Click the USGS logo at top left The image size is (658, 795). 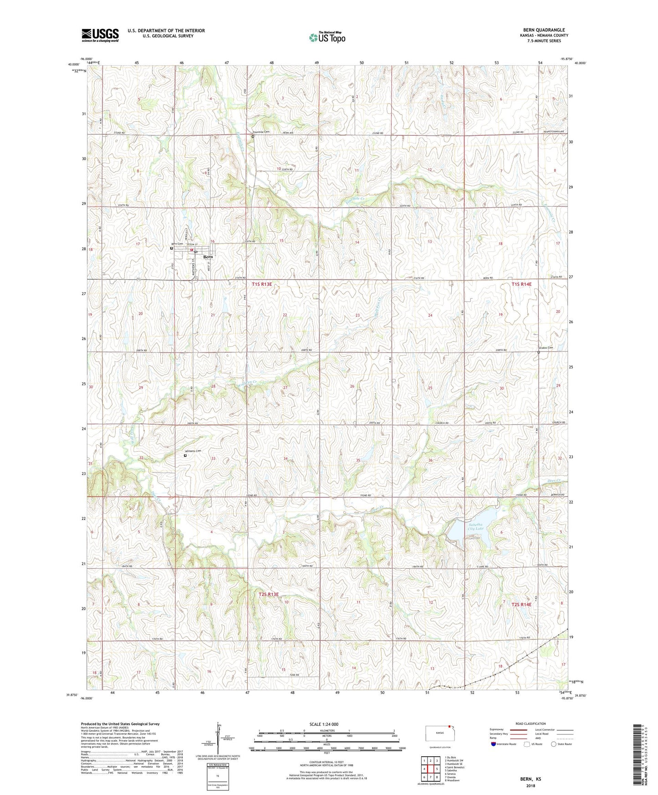100,35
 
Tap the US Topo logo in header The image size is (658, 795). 327,37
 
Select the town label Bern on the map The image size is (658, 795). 208,257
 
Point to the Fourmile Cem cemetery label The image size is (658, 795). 261,132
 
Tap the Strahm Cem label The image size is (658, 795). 545,348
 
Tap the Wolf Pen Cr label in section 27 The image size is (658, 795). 247,385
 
